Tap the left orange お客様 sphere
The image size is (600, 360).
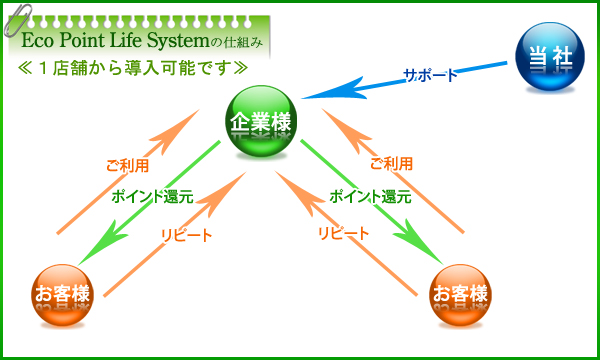tap(61, 295)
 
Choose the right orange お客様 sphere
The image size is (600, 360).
tap(460, 295)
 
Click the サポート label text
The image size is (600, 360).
tap(430, 75)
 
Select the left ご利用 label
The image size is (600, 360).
tap(127, 164)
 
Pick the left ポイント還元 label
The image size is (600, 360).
tap(153, 197)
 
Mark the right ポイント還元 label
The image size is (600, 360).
tap(369, 197)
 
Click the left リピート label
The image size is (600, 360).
tap(187, 234)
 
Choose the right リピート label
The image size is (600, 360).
tap(344, 233)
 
